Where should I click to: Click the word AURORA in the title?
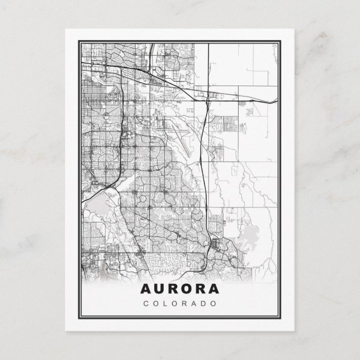[x=180, y=290]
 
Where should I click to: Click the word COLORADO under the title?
[x=180, y=304]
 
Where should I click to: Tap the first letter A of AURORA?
[x=144, y=290]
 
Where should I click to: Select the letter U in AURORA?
[x=158, y=290]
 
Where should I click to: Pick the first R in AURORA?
[x=172, y=290]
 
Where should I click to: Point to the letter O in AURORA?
[x=187, y=290]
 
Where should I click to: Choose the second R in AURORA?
[x=201, y=290]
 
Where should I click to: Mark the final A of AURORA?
[x=215, y=290]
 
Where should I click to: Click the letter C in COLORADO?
[x=146, y=304]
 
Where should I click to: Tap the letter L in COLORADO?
[x=165, y=304]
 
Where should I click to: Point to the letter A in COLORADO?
[x=195, y=304]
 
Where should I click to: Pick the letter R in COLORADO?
[x=185, y=304]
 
